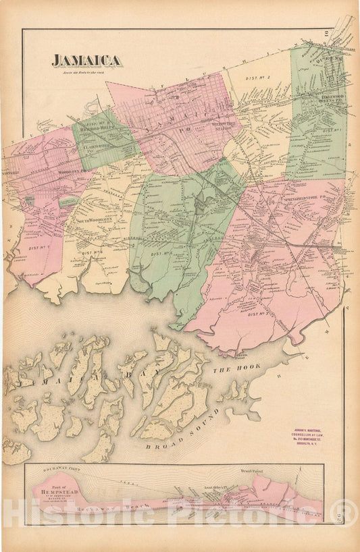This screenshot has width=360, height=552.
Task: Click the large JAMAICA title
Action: pos(87,61)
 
